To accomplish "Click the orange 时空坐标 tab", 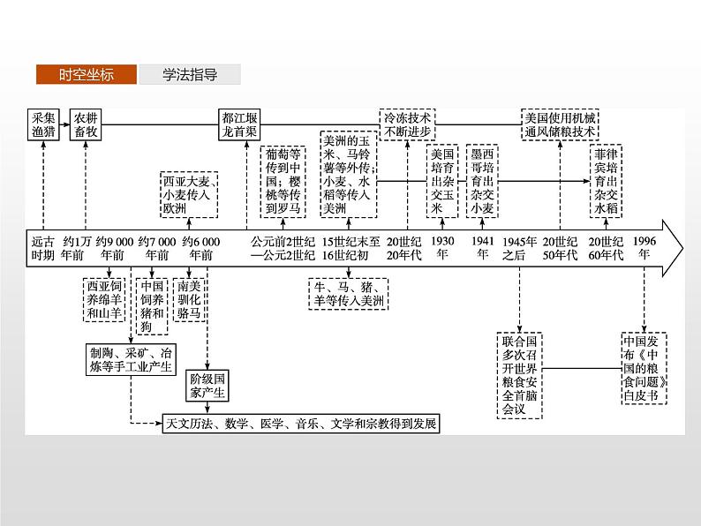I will (x=87, y=75).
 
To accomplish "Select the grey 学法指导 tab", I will (x=189, y=75).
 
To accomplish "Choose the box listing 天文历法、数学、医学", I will (x=301, y=424).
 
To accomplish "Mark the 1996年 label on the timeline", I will (x=645, y=246).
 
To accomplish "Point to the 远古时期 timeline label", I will (x=43, y=246).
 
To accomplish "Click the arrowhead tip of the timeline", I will (x=682, y=248).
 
